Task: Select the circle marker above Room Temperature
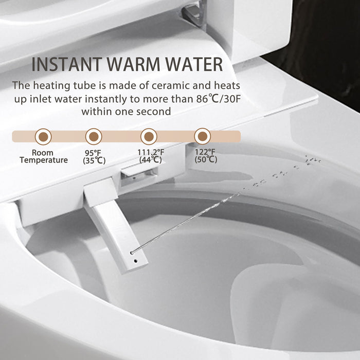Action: click(x=42, y=136)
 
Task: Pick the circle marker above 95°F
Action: click(x=94, y=136)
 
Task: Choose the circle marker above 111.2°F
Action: click(x=149, y=136)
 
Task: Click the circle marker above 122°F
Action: click(x=203, y=136)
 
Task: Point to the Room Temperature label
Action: click(x=43, y=156)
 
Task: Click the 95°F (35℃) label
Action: click(x=95, y=156)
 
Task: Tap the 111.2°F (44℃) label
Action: click(x=151, y=156)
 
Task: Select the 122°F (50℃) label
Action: click(x=206, y=156)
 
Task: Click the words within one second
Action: click(x=126, y=111)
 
